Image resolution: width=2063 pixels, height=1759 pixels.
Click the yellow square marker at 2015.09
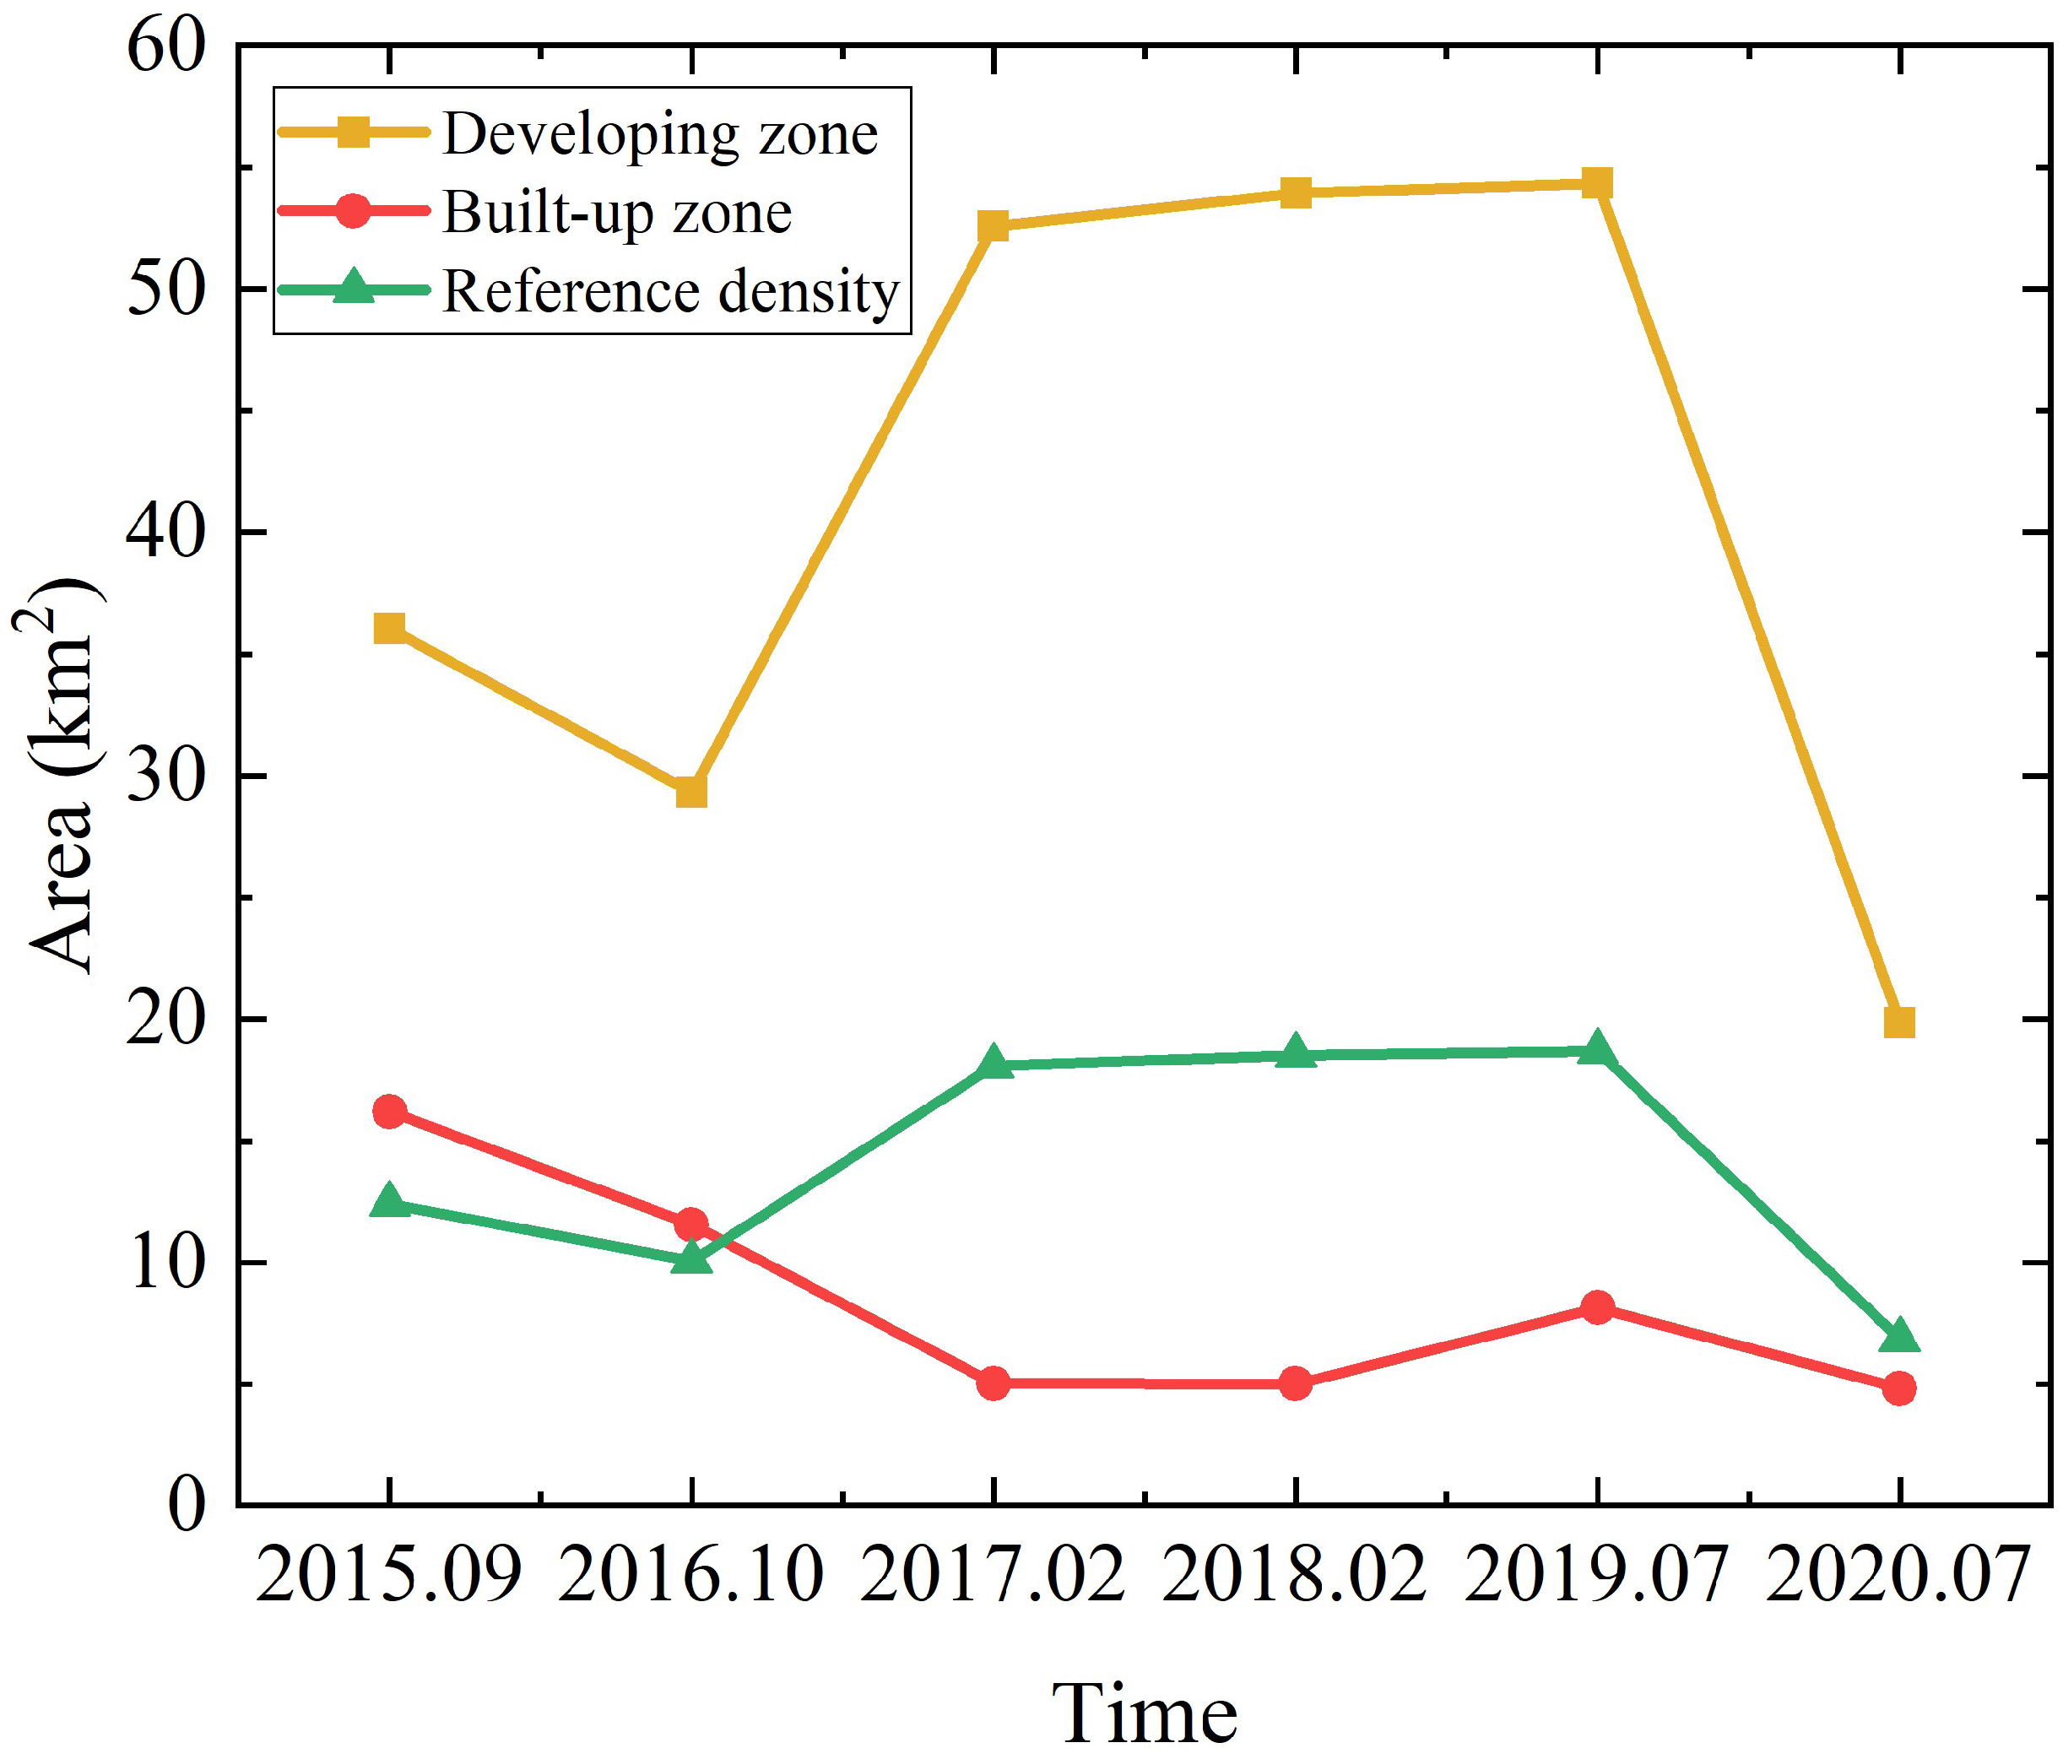point(389,628)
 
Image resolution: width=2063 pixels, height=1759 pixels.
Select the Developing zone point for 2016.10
point(691,793)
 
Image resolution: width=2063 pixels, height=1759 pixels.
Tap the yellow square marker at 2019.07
point(1597,183)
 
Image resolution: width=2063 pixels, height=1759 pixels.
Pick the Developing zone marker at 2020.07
point(1898,1022)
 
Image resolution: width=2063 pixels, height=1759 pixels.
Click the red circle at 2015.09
point(389,1111)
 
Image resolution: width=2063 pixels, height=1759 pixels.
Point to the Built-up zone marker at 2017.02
point(993,1383)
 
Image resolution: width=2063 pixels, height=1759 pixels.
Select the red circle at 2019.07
point(1597,1307)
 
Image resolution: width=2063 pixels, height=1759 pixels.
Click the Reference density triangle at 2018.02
point(1296,1053)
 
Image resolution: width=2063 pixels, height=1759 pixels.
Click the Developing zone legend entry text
point(659,133)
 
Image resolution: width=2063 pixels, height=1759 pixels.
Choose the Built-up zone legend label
point(616,212)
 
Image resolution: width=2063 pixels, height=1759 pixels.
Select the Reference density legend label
point(670,292)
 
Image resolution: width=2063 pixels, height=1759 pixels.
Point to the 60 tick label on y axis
point(165,46)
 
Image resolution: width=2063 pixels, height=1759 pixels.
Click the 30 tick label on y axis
point(165,776)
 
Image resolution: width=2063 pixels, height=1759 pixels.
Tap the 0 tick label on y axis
point(187,1505)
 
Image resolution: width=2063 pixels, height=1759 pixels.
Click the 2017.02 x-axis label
point(993,1576)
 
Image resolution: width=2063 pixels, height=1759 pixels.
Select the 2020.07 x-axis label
point(1897,1576)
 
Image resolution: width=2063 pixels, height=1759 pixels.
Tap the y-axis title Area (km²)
point(62,776)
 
